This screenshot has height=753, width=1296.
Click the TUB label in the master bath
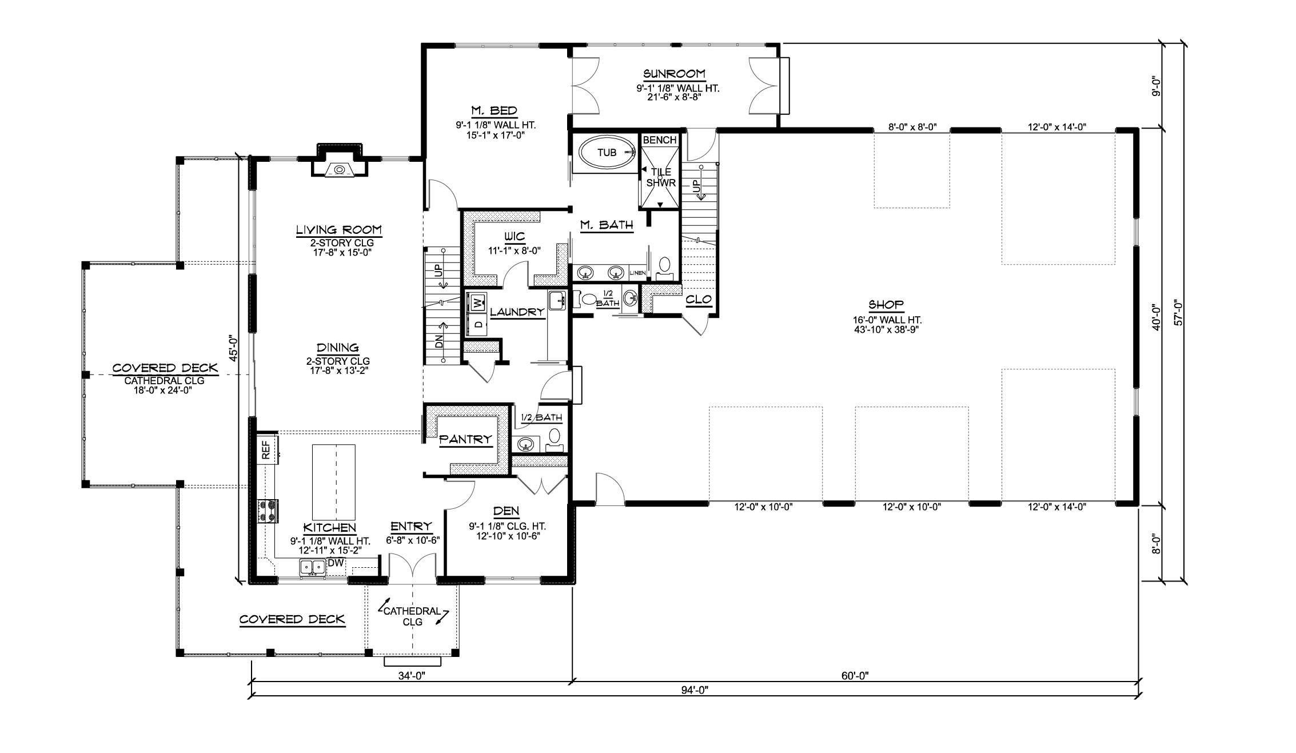click(607, 153)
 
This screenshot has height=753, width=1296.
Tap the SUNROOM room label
click(674, 74)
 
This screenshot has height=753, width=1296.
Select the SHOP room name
click(886, 305)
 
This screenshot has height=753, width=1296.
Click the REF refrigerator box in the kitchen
click(266, 449)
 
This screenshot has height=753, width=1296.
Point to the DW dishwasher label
click(336, 563)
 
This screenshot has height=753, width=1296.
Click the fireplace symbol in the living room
click(339, 169)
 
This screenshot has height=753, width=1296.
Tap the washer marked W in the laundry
click(476, 302)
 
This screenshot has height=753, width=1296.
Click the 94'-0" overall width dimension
click(695, 690)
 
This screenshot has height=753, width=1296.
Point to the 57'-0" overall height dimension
click(1178, 313)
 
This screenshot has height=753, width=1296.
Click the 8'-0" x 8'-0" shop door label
click(912, 128)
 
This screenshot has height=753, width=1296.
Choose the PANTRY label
click(465, 439)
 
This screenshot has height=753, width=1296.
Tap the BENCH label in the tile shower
click(659, 140)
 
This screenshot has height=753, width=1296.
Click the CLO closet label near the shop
click(698, 300)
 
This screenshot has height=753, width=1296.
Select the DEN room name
click(506, 511)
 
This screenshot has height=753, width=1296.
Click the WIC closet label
click(514, 237)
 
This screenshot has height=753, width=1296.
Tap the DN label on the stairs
click(439, 342)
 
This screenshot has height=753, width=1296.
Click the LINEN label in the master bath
click(637, 273)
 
